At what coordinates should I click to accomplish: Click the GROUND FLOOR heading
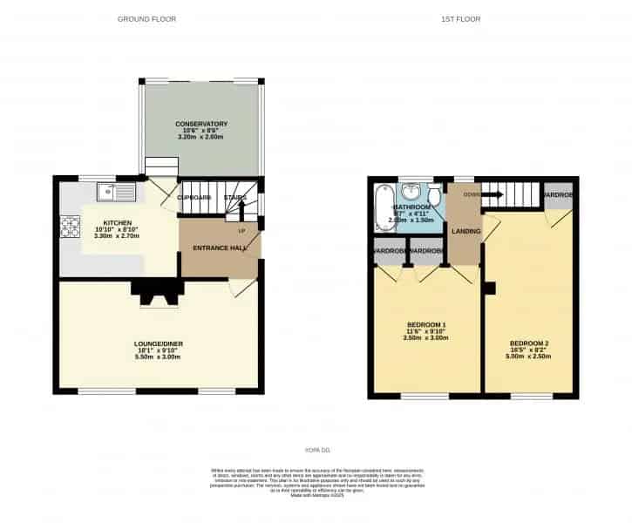coord(146,19)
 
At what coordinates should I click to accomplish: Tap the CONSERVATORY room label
coord(200,124)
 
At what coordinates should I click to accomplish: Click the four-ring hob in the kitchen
coord(69,227)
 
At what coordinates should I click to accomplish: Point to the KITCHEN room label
coord(117,222)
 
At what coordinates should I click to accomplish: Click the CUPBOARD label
coord(194,198)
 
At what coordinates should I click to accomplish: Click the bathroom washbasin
coord(411,192)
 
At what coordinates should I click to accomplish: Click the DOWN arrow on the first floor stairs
coord(493,194)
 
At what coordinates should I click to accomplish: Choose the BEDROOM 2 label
coord(529,343)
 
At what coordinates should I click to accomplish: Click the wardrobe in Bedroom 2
coord(557,195)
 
